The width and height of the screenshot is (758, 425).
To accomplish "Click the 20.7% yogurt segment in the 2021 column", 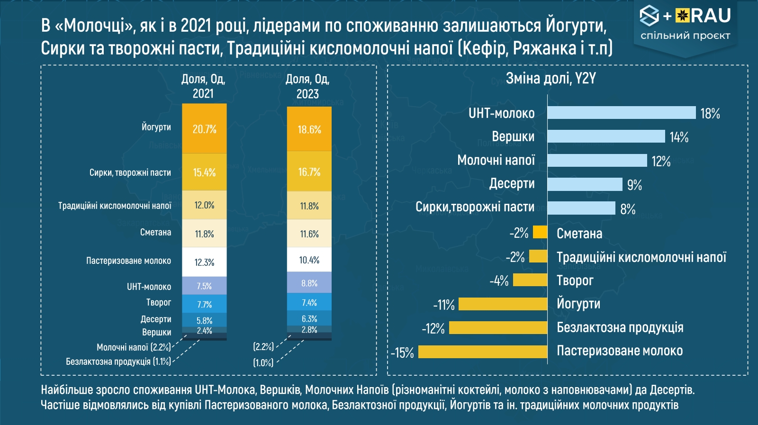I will coord(204,128).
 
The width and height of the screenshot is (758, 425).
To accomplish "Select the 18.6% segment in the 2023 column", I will coord(309,129).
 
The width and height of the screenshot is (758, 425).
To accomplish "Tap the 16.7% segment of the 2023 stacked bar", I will coord(309,172).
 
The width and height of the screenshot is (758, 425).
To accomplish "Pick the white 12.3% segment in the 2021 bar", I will coord(204,262).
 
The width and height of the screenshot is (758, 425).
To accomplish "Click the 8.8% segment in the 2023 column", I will coord(309,283).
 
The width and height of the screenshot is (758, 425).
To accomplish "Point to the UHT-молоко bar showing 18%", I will coord(622,113).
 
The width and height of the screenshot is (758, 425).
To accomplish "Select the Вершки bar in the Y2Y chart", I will coord(606,136).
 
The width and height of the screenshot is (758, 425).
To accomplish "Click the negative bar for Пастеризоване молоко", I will coord(483,352).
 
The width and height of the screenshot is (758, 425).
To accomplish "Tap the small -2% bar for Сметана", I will coord(540,232).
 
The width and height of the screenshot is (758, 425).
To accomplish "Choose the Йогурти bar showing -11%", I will coord(503,304).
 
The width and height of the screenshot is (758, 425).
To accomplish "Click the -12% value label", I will coord(433,328).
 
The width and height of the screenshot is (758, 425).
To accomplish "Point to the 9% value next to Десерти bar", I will coord(634,185).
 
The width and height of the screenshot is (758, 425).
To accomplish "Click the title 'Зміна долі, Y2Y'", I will coord(550,78).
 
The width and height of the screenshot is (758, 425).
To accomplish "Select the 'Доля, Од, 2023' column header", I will coord(307,86).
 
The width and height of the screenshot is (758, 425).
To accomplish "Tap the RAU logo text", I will coord(710,16).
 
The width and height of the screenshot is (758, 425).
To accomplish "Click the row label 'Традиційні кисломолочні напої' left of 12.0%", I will coord(115,206).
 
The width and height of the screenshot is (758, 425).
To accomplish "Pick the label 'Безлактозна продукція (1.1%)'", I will coord(118,362).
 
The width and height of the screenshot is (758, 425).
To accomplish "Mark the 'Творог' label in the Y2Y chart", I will coord(575,280).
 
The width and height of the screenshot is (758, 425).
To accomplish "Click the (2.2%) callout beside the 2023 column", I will coord(263,347).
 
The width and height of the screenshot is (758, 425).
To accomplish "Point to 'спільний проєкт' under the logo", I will coord(685,36).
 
